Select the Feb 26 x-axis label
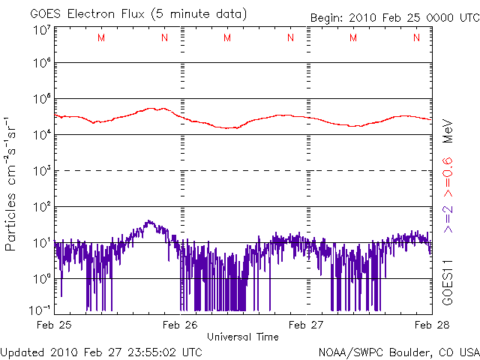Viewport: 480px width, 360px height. [181, 325]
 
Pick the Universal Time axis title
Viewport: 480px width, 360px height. [244, 337]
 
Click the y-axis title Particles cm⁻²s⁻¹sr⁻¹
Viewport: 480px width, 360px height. [11, 183]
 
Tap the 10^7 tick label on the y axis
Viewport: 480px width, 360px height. [41, 31]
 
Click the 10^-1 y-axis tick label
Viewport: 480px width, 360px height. [39, 309]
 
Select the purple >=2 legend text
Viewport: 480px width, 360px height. [447, 218]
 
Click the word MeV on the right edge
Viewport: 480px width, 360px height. [447, 130]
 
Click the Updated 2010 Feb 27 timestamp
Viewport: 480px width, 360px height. [101, 352]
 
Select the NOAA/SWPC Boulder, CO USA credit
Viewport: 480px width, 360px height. [398, 352]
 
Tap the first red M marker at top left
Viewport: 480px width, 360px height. [101, 37]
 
